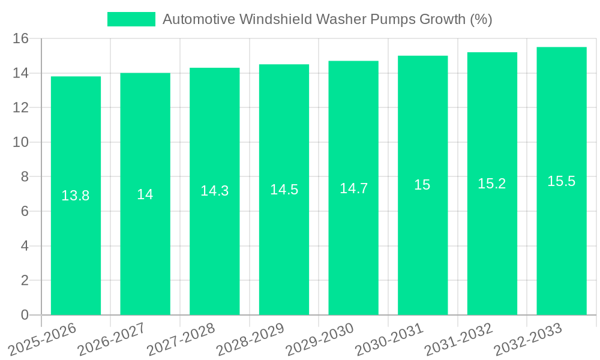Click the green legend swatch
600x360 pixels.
(131, 19)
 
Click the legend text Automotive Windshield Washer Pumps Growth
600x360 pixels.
(327, 19)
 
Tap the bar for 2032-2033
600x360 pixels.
(562, 240)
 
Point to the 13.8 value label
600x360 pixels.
(76, 196)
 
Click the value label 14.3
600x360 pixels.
(214, 191)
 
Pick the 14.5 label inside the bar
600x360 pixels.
(284, 190)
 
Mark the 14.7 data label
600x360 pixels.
(353, 188)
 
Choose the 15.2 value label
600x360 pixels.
(492, 184)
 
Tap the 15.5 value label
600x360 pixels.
(562, 181)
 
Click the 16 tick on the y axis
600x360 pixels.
(21, 38)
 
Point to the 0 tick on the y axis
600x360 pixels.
(25, 315)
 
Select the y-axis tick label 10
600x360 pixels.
(21, 142)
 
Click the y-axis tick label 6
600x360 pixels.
(25, 211)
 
